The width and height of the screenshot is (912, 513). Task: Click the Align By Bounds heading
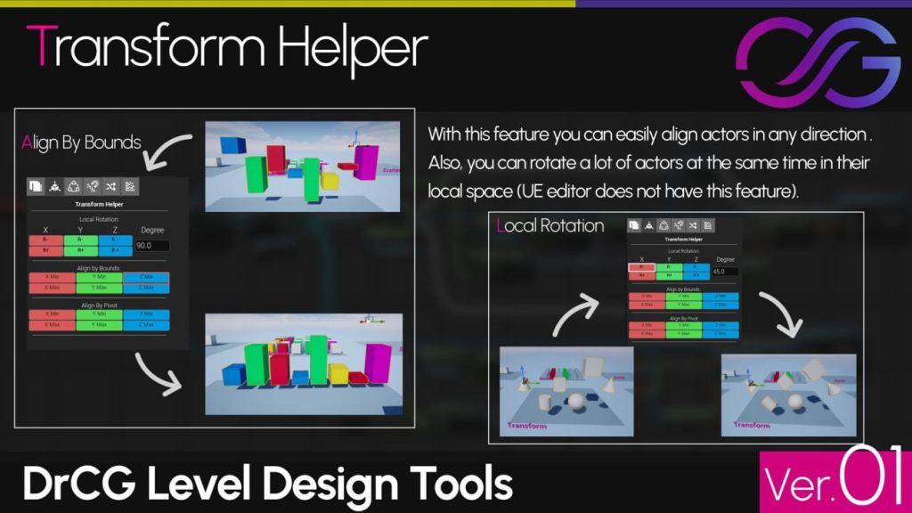click(82, 142)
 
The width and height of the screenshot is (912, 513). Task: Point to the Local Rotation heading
click(550, 225)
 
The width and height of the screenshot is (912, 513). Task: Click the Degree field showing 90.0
click(151, 245)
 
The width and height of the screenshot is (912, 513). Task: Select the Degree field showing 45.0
click(726, 272)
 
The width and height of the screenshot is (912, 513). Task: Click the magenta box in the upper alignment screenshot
click(367, 161)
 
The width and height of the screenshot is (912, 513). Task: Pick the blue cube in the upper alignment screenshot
click(233, 147)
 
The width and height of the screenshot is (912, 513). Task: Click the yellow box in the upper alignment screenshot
click(330, 181)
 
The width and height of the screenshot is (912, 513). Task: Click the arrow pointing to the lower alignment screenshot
click(159, 374)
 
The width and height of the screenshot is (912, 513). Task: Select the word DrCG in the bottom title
click(77, 484)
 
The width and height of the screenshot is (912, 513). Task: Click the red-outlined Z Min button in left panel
click(145, 278)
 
